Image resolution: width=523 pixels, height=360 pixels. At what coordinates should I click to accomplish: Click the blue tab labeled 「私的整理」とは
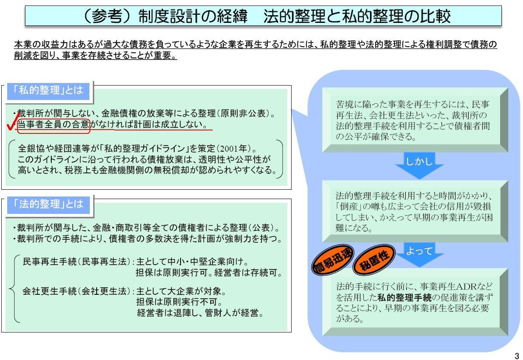(x=48, y=91)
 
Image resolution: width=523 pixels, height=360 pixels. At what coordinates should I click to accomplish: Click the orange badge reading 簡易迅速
(x=333, y=260)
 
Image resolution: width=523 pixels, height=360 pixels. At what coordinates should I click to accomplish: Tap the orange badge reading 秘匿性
(x=374, y=259)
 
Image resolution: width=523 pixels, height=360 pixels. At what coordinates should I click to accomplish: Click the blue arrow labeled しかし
(x=419, y=166)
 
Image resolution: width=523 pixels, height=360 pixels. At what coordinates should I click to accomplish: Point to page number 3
(x=517, y=356)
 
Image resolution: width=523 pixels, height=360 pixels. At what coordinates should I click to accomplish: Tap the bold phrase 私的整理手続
(x=404, y=297)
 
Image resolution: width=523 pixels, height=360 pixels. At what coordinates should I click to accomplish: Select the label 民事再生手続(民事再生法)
(x=76, y=262)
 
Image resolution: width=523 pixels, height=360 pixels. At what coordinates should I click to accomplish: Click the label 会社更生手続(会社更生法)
(x=76, y=291)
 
